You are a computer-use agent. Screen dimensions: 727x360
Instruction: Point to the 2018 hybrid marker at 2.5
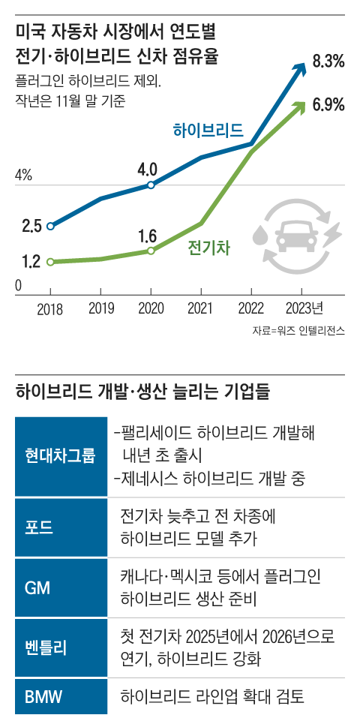50,226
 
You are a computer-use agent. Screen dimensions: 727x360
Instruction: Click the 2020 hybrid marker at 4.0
151,184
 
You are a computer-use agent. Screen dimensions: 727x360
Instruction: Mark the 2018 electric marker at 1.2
50,262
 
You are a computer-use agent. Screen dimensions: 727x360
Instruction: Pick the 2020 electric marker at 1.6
151,251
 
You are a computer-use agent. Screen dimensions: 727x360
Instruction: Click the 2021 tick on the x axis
201,308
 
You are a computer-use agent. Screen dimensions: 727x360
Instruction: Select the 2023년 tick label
304,308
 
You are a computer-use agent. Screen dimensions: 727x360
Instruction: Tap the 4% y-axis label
23,176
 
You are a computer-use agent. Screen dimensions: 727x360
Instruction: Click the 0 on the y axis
19,286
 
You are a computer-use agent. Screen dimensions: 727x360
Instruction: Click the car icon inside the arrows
294,237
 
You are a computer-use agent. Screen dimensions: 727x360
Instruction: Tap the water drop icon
259,236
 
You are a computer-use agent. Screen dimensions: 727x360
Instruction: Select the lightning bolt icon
330,236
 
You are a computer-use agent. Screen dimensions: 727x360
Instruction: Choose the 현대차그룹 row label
59,455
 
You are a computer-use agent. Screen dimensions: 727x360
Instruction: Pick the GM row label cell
59,587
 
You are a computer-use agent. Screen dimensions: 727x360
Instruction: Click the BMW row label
59,697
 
